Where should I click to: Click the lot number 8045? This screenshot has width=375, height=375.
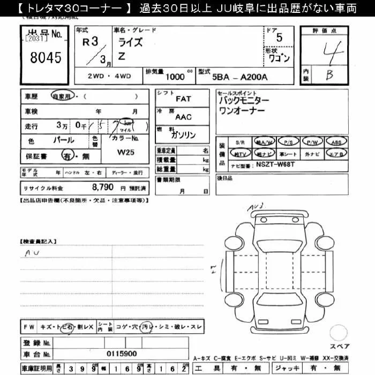tap(46, 57)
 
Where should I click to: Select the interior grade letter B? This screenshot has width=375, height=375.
tap(329, 76)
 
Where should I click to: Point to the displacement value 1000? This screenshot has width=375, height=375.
tap(176, 77)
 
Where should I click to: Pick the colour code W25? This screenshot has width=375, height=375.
tap(126, 152)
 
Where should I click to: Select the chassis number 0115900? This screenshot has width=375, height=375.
tap(122, 354)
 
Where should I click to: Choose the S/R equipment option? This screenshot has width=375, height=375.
tap(239, 142)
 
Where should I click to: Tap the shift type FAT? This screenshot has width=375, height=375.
tap(183, 99)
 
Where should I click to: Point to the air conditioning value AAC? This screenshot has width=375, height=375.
tap(183, 117)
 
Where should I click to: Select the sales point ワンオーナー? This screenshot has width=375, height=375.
tap(242, 110)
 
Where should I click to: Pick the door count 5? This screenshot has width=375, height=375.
tap(279, 37)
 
